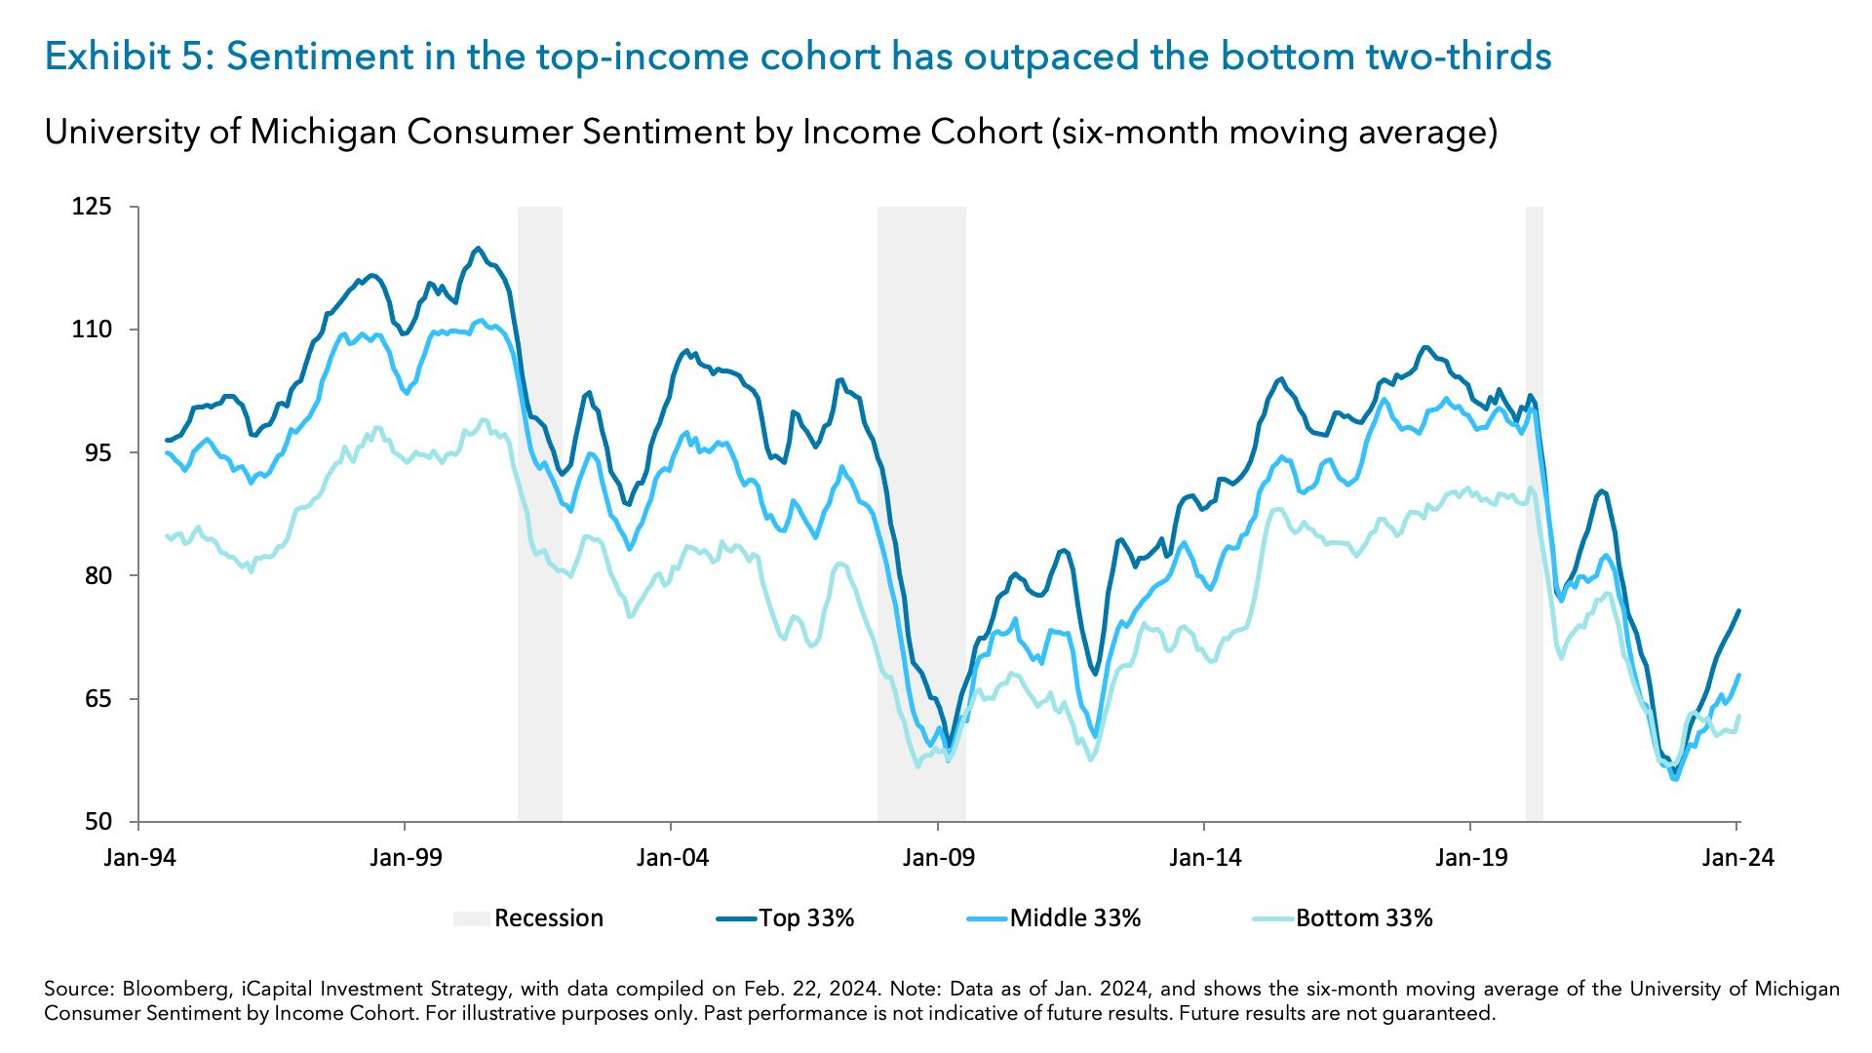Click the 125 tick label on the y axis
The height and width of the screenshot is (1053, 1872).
pyautogui.click(x=92, y=207)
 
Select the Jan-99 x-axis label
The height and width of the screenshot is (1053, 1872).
pyautogui.click(x=406, y=858)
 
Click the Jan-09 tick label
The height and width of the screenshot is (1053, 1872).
pyautogui.click(x=938, y=858)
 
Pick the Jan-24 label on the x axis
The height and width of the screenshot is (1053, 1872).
pyautogui.click(x=1737, y=858)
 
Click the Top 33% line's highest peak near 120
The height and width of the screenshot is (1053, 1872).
pyautogui.click(x=478, y=248)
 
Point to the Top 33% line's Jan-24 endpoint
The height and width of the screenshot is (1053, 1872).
pyautogui.click(x=1738, y=610)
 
